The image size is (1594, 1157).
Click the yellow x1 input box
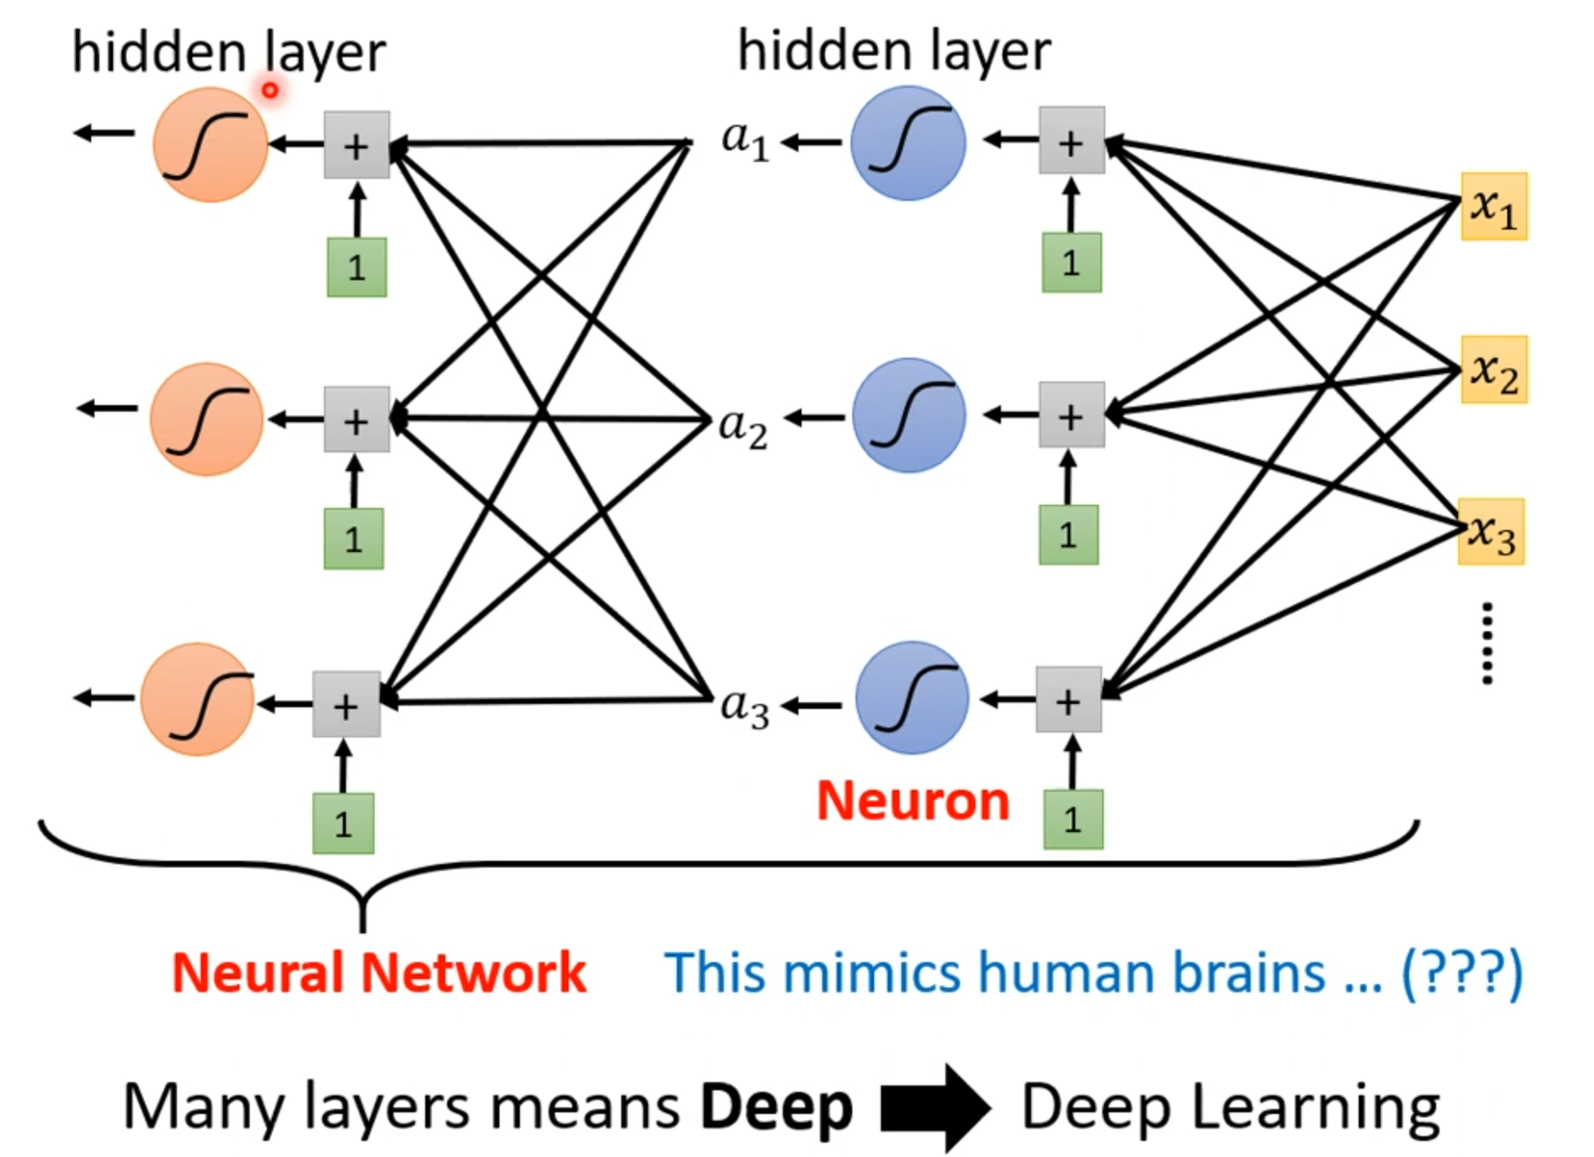pos(1494,207)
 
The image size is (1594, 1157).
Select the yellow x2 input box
pos(1494,370)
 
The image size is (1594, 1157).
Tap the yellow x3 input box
pos(1492,532)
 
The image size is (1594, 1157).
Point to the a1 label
pos(745,140)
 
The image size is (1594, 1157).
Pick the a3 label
pos(744,707)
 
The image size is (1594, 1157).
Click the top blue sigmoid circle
pos(908,143)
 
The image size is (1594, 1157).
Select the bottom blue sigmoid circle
pos(911,697)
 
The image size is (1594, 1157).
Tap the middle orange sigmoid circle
pos(207,419)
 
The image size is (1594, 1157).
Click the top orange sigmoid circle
pos(210,144)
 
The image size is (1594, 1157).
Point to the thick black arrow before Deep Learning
pos(935,1107)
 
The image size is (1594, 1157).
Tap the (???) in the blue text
pos(1462,973)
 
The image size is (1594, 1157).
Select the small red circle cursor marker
pos(270,89)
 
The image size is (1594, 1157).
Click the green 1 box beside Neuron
pos(1073,819)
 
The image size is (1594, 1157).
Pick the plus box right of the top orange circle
pos(357,145)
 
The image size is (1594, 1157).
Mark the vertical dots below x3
pos(1487,643)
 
